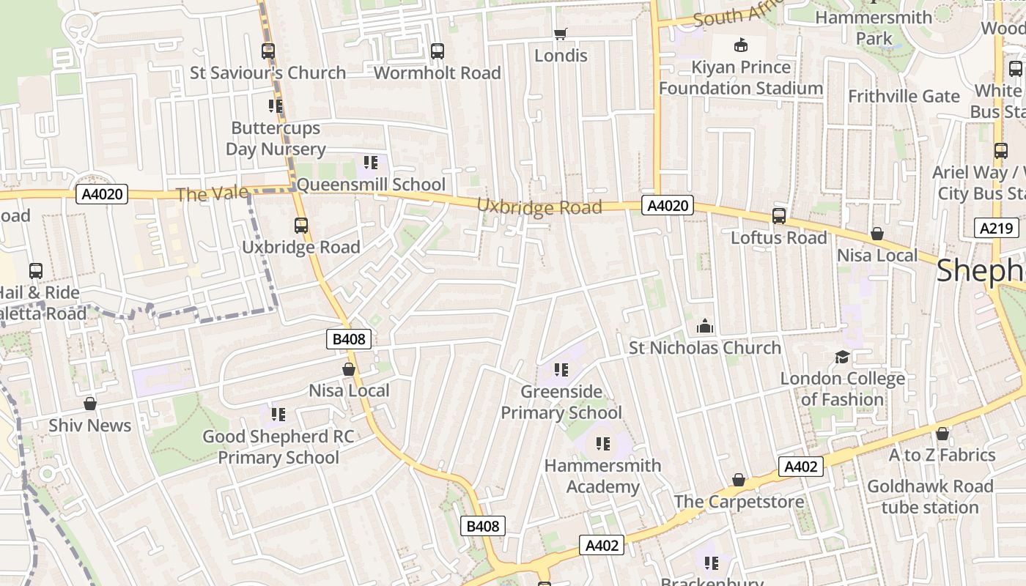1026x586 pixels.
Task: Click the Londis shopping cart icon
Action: tap(561, 34)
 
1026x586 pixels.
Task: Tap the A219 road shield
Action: tap(997, 228)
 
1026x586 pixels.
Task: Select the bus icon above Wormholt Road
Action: tap(438, 51)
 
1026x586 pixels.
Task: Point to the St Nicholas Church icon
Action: tap(704, 325)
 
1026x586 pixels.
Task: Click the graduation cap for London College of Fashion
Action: tap(842, 357)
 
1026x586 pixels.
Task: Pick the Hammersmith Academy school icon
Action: tap(602, 443)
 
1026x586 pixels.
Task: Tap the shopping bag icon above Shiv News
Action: tap(90, 404)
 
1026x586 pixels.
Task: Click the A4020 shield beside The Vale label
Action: tap(102, 194)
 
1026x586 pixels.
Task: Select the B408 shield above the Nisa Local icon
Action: tap(349, 338)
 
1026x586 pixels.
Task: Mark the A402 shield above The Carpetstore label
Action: tap(800, 467)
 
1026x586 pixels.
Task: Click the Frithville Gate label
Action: tap(904, 96)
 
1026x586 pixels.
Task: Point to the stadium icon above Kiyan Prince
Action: tap(741, 45)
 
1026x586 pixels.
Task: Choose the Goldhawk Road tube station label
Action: tap(930, 497)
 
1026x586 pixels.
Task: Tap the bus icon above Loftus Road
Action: tap(779, 216)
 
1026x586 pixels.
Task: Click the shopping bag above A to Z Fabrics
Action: tap(942, 434)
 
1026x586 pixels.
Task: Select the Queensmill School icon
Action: tap(371, 162)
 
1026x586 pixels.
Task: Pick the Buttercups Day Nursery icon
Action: tap(276, 106)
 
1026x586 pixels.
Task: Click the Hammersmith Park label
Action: tap(874, 28)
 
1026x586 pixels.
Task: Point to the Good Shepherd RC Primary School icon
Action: tap(278, 415)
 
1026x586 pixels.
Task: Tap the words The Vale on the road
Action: tap(202, 194)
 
